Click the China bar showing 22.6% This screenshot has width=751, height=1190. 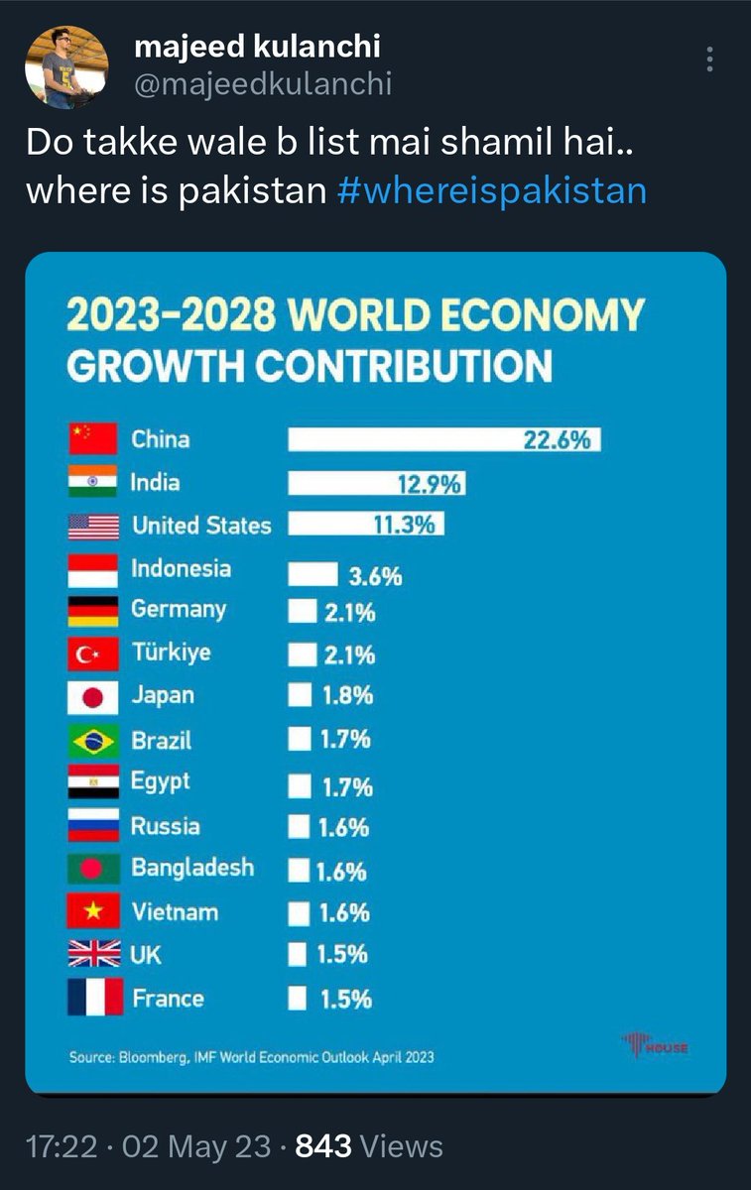(443, 439)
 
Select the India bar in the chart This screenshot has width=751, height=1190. (376, 483)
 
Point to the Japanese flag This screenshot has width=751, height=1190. (93, 697)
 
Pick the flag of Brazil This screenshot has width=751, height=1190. (93, 741)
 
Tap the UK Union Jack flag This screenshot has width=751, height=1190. (93, 955)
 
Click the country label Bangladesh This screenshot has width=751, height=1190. (192, 868)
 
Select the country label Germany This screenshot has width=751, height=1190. (179, 610)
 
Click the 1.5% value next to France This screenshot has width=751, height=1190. (344, 1000)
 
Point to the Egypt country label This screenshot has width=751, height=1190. (160, 781)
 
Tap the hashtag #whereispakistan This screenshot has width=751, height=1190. (491, 189)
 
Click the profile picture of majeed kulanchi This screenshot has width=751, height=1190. (66, 66)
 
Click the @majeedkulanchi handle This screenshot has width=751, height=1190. (262, 84)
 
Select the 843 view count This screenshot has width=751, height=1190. (323, 1146)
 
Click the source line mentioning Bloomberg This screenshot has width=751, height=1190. (251, 1057)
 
